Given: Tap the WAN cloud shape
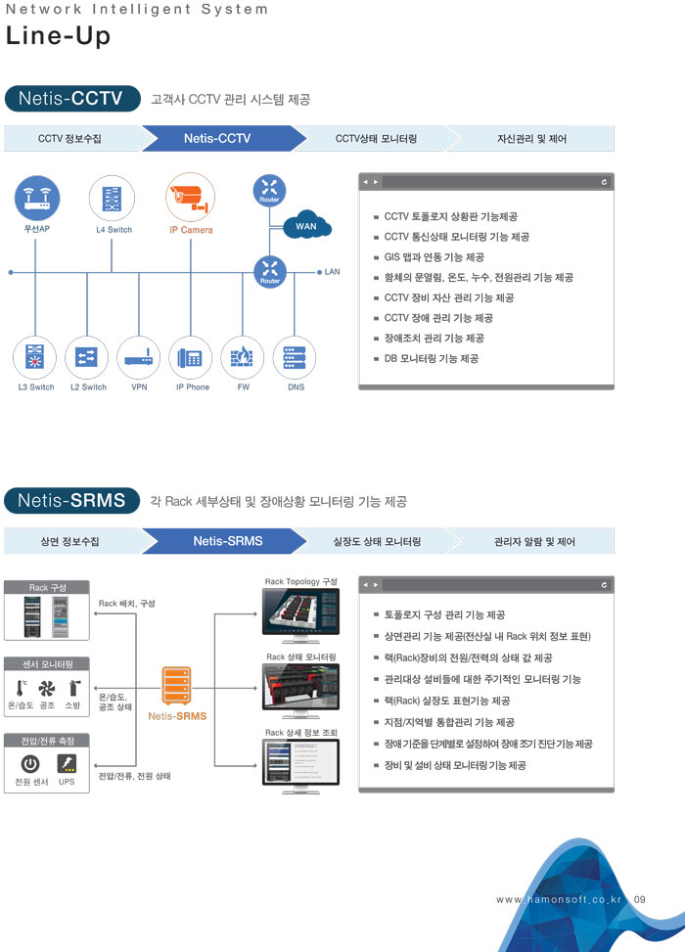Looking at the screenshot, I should (x=305, y=226).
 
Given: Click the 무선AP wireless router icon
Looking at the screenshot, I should (x=37, y=198).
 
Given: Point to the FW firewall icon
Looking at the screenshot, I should (x=243, y=359).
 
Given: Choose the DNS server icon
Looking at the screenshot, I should (x=295, y=359).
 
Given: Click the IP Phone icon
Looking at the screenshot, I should (x=191, y=359).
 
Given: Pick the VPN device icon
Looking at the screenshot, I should (x=139, y=359).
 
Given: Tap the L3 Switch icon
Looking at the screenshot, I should (x=36, y=359).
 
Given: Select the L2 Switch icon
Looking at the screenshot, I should (x=87, y=359).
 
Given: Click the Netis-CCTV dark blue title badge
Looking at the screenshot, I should (x=69, y=99).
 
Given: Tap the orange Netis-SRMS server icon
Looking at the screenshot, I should (x=177, y=684).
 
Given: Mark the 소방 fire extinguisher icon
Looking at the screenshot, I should (x=73, y=687).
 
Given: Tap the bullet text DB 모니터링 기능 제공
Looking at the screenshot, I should (x=431, y=359).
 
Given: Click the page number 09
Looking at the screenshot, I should (x=640, y=899).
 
